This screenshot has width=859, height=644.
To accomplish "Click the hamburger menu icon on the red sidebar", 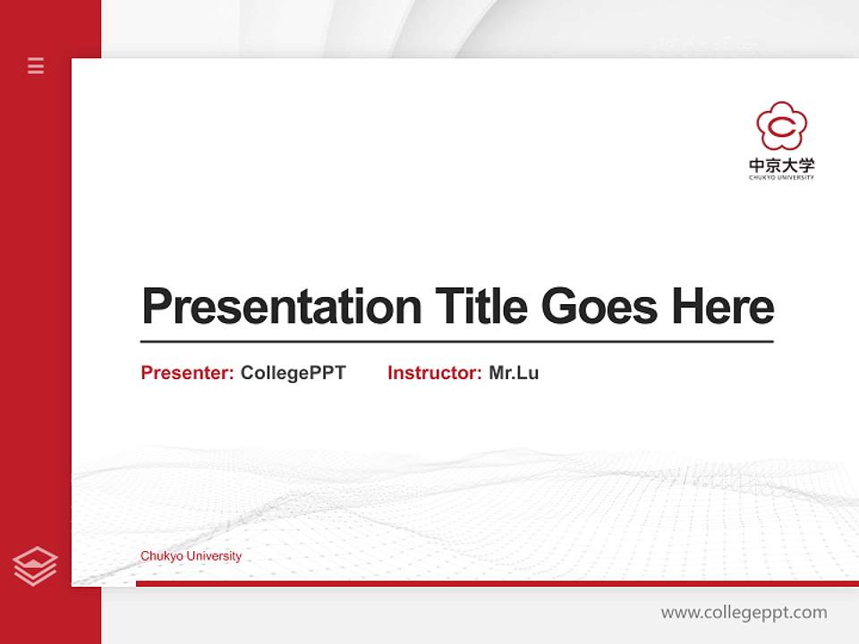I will click(36, 65).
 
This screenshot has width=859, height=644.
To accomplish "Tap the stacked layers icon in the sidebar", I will click(35, 566).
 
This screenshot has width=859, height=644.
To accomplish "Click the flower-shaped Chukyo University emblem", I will click(781, 126).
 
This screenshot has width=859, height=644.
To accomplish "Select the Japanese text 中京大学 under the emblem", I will click(781, 165).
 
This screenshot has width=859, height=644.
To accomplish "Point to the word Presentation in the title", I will click(281, 307).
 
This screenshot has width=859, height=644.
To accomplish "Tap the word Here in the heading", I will click(722, 306).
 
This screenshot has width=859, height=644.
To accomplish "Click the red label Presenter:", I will click(188, 373).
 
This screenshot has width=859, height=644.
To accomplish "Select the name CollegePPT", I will click(293, 373).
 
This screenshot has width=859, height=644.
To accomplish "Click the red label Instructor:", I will click(435, 373).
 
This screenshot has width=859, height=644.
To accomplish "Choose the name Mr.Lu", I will click(514, 373).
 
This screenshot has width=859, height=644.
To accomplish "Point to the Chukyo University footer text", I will click(191, 556).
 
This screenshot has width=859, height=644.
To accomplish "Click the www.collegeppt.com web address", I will click(744, 613).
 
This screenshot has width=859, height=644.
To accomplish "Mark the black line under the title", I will click(456, 342).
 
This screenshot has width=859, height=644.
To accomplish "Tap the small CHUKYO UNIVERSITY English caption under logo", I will click(781, 177).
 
